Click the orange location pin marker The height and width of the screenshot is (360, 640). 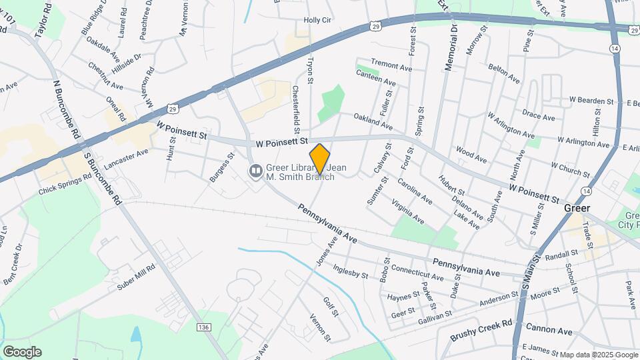point(320,159)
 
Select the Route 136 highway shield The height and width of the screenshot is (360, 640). point(204,327)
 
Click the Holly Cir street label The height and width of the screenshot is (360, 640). point(317,20)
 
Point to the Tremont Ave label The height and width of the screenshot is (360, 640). point(391,67)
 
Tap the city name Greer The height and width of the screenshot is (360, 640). point(577,208)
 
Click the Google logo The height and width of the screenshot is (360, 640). point(21,351)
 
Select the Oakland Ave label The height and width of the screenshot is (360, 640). point(373,121)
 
